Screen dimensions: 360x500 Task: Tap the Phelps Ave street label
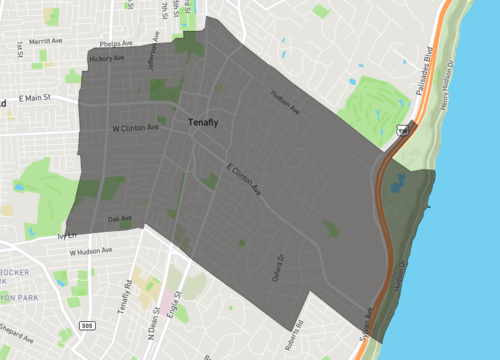[118, 44]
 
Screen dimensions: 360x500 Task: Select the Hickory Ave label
[106, 59]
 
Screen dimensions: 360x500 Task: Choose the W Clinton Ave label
[135, 128]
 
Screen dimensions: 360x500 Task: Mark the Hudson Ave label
[285, 102]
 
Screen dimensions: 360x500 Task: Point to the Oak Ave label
[119, 218]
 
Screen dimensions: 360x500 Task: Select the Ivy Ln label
[67, 237]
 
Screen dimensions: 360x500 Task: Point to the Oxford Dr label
[279, 270]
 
